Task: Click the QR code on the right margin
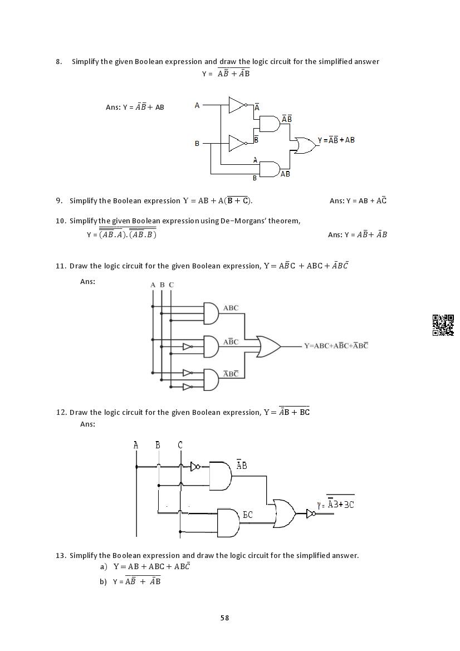coord(443,325)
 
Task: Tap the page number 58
coord(224,618)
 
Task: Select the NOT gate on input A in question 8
coord(237,105)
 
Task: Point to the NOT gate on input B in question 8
coord(237,143)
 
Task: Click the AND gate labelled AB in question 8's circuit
coord(270,169)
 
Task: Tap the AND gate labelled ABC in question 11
coord(211,314)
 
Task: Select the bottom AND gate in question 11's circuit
coord(211,380)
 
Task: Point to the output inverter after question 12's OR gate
coord(311,513)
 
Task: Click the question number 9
coord(59,200)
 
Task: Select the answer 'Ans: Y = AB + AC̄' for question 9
coord(358,200)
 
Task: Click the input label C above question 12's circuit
coord(180,445)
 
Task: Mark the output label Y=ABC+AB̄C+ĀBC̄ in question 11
coord(336,346)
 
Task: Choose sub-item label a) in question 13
coord(104,566)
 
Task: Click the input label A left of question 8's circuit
coord(197,105)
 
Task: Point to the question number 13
coord(61,555)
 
